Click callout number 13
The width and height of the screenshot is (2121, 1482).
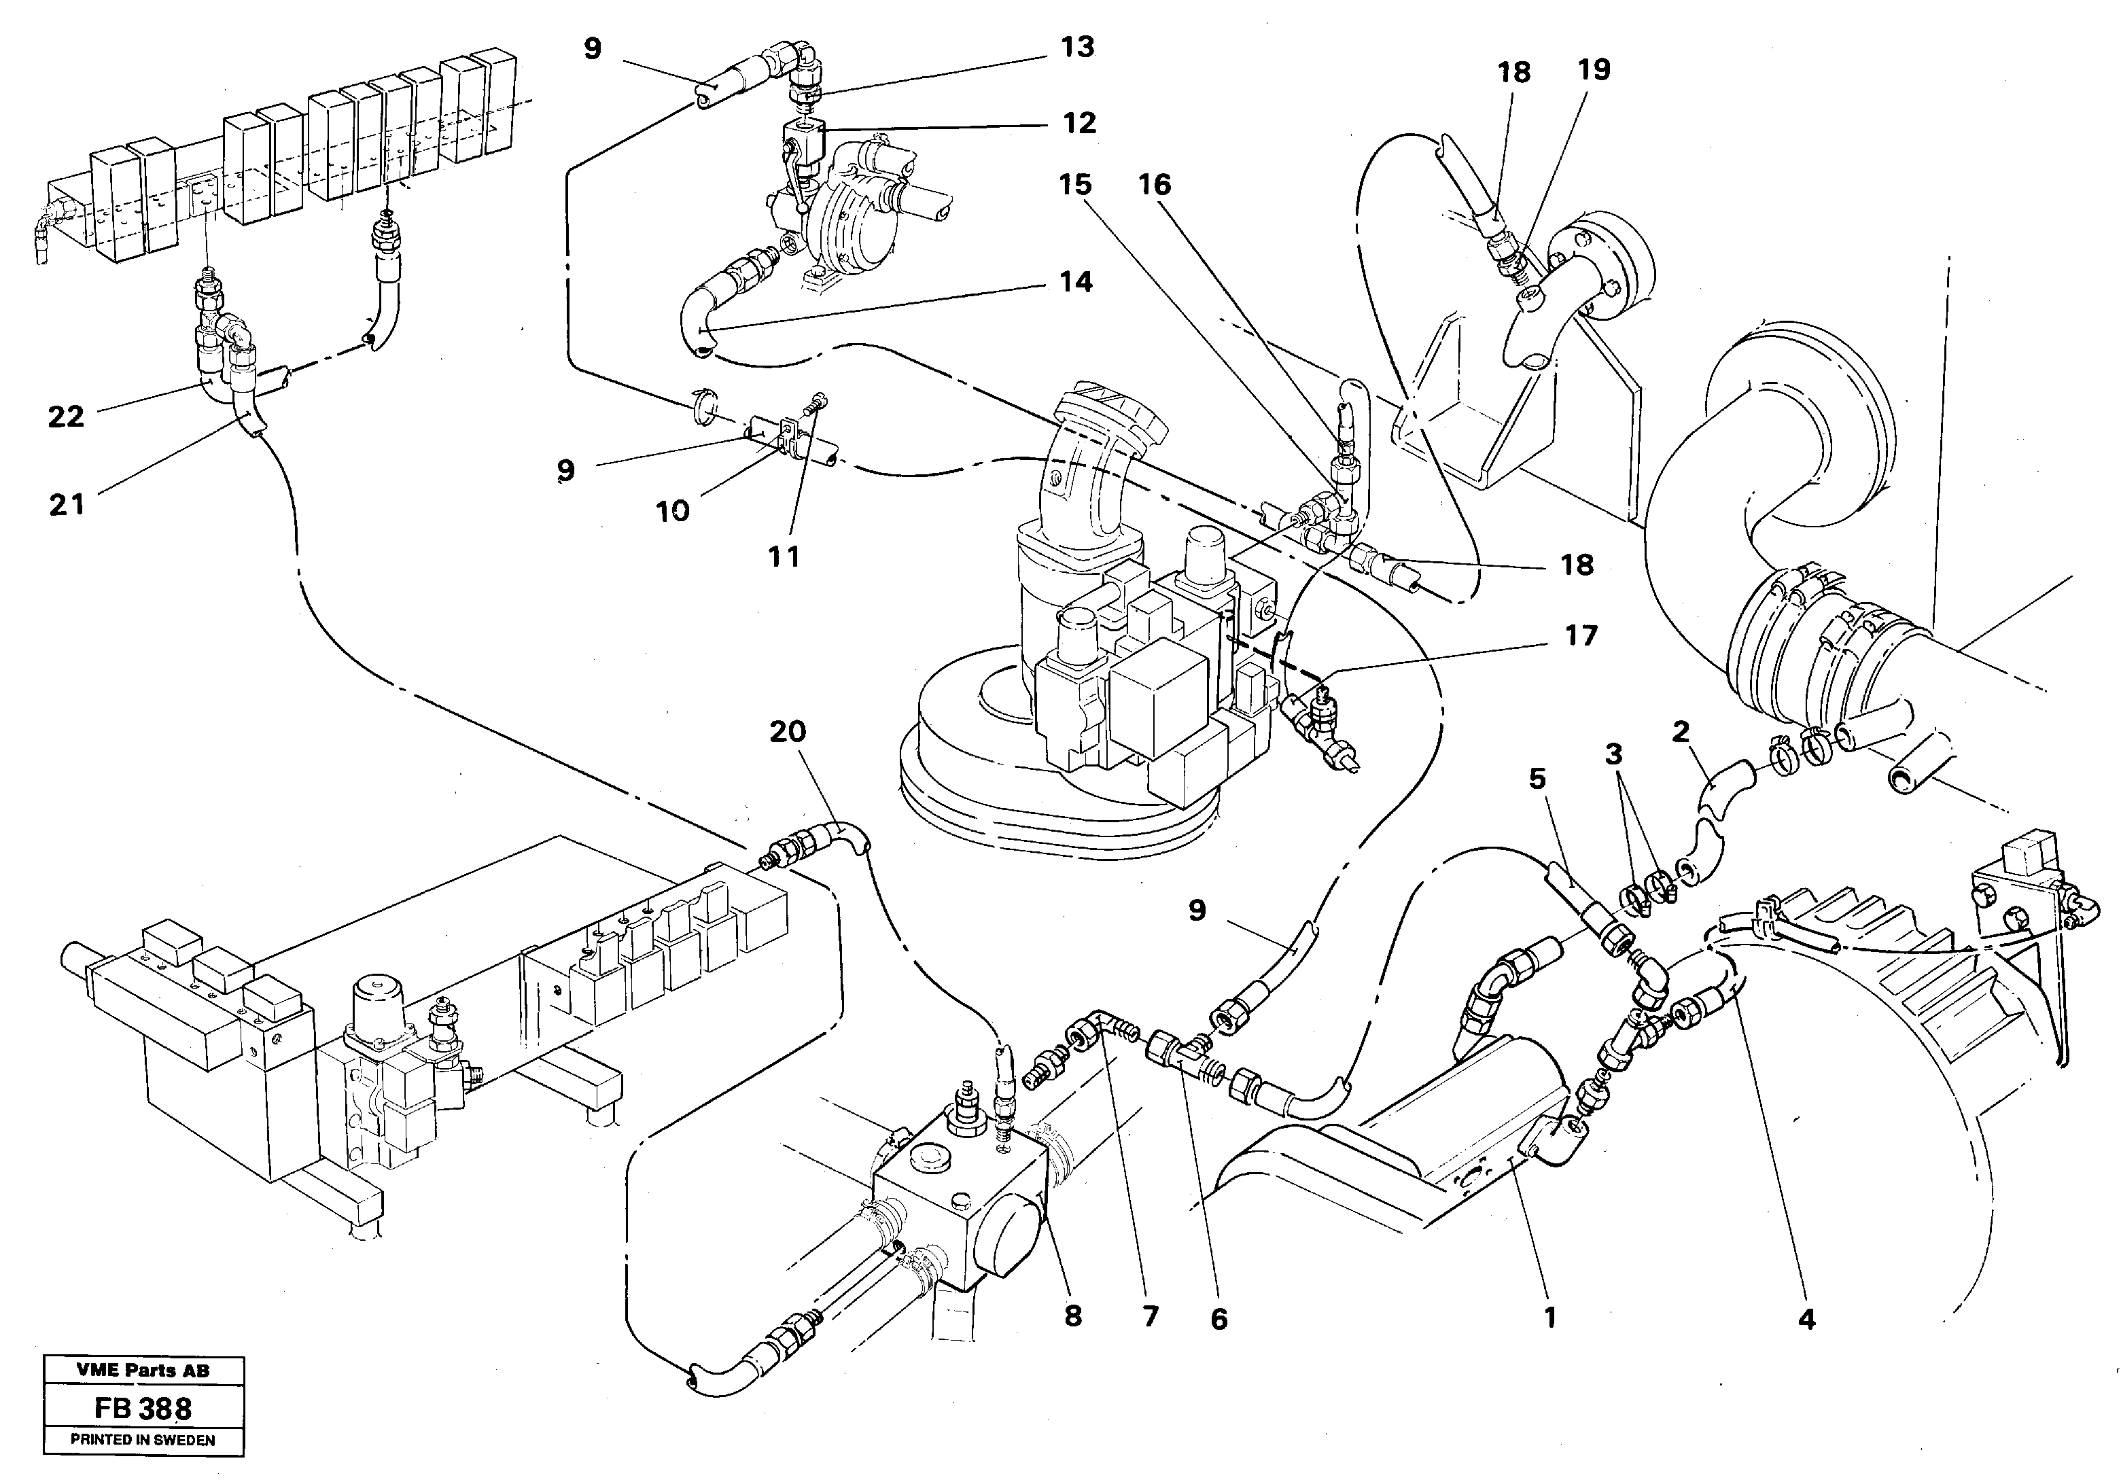tap(1077, 47)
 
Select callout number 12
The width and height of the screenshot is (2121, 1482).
tap(1079, 123)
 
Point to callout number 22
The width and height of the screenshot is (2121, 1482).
tap(66, 417)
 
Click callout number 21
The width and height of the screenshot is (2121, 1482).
tap(66, 504)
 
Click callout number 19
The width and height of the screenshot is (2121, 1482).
tap(1594, 69)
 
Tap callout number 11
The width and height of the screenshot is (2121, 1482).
tap(784, 557)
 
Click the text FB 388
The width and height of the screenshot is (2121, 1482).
tap(143, 1409)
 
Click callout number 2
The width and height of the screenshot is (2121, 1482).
tap(1681, 733)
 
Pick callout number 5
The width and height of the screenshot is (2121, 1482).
tap(1537, 779)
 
